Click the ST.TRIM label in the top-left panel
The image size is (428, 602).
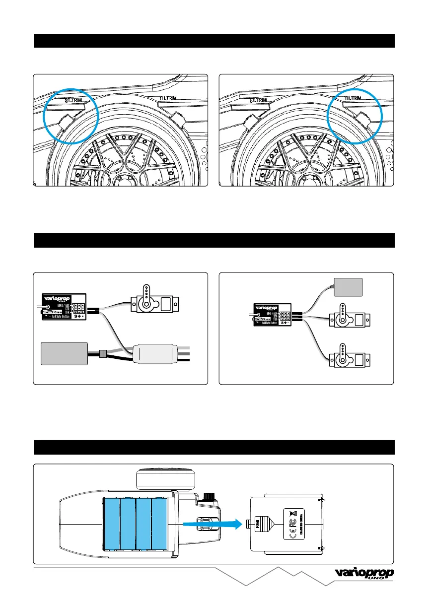pos(74,100)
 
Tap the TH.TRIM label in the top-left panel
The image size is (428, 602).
pos(169,99)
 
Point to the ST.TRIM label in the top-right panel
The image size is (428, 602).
pos(260,100)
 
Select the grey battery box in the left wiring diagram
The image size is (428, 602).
pos(65,353)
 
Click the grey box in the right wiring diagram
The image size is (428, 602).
pos(349,286)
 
